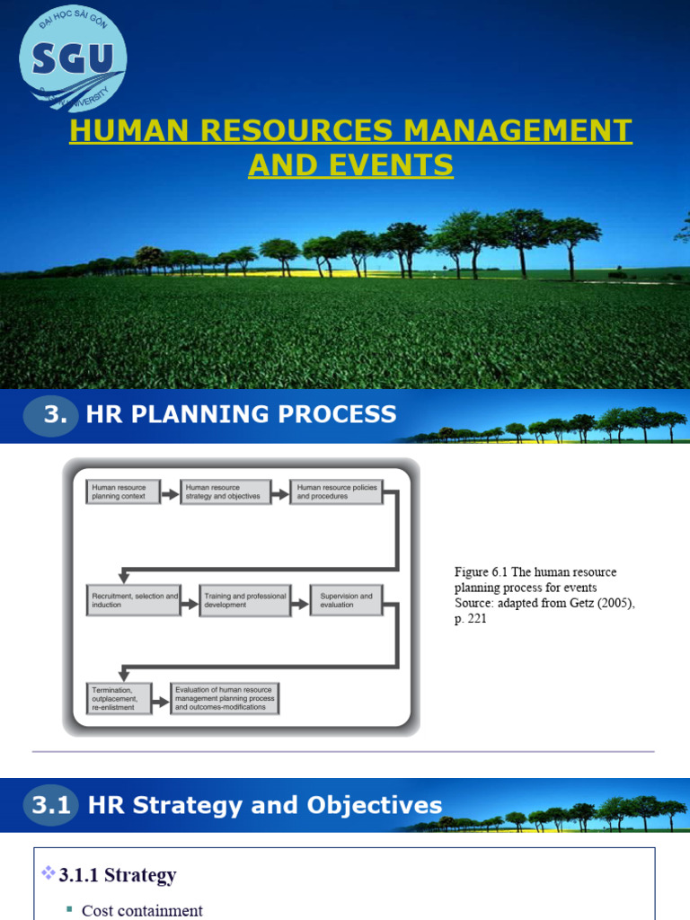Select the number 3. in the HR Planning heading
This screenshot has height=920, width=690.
click(x=57, y=414)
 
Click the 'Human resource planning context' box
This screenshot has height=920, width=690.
click(x=122, y=491)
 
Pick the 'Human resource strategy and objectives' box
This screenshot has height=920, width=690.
click(x=226, y=491)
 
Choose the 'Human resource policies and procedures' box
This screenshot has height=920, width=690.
click(x=335, y=491)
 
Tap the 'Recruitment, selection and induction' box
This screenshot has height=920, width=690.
click(x=133, y=600)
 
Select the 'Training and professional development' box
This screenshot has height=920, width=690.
click(x=245, y=600)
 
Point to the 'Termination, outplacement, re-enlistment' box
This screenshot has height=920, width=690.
click(x=115, y=697)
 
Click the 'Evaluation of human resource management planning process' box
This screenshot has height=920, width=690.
click(x=225, y=697)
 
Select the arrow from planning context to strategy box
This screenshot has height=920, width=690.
click(x=169, y=491)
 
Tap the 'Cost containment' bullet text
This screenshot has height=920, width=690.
click(x=142, y=910)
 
